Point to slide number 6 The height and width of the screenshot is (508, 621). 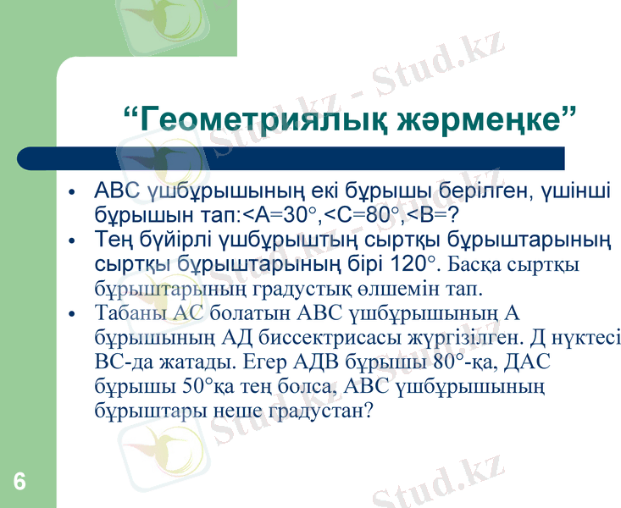pos(19,482)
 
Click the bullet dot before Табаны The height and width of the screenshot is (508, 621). pos(74,314)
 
